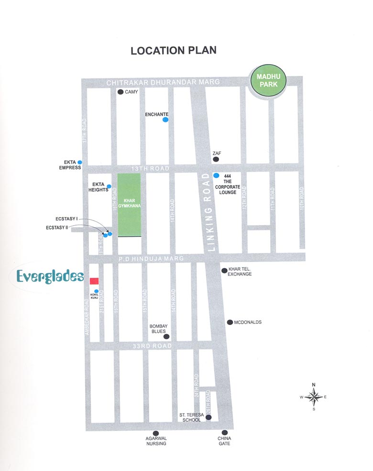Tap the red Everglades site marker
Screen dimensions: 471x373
pyautogui.click(x=94, y=281)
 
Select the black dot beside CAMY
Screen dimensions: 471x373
pyautogui.click(x=121, y=92)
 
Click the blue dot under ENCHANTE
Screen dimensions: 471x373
pyautogui.click(x=165, y=120)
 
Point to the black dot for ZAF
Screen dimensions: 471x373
pyautogui.click(x=216, y=159)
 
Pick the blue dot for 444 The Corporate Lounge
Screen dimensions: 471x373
pyautogui.click(x=216, y=175)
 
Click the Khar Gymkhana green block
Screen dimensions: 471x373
pyautogui.click(x=129, y=205)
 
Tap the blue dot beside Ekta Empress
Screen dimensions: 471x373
pyautogui.click(x=80, y=163)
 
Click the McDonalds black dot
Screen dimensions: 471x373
pyautogui.click(x=230, y=322)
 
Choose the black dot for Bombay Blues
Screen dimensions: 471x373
pyautogui.click(x=166, y=337)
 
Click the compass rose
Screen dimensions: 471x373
pyautogui.click(x=314, y=396)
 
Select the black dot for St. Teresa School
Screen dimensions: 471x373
pyautogui.click(x=208, y=417)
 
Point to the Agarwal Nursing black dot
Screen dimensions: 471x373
pyautogui.click(x=155, y=433)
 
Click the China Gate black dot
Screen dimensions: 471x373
pyautogui.click(x=224, y=433)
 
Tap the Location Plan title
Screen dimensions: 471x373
pyautogui.click(x=174, y=50)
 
